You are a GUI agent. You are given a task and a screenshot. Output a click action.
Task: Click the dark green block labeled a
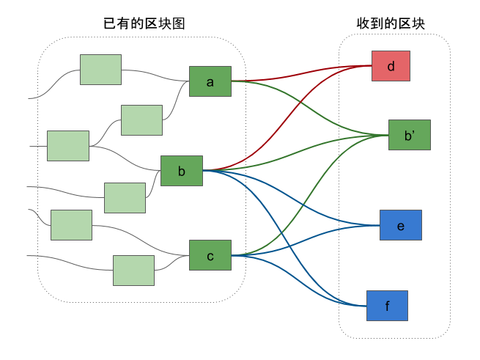tap(210, 81)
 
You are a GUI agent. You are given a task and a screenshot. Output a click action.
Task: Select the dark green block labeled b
tap(182, 171)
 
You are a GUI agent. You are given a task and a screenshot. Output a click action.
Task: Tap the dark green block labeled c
tap(210, 255)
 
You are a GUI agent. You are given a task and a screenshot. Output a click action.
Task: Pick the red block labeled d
tap(391, 66)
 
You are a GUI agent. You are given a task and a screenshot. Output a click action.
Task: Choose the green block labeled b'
tap(410, 135)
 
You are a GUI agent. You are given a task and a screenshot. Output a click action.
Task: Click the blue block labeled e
tap(401, 225)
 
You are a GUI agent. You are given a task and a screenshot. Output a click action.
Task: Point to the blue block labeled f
tap(387, 306)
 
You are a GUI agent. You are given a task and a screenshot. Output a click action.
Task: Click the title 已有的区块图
tap(144, 23)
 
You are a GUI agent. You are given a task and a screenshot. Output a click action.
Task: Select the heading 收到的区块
tap(391, 23)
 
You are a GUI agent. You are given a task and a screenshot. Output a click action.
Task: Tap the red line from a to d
tap(301, 73)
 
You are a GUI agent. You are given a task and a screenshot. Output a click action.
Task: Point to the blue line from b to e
tap(291, 198)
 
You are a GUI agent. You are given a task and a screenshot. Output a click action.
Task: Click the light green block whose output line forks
tap(68, 146)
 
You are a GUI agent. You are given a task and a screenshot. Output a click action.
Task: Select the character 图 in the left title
tap(179, 23)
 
